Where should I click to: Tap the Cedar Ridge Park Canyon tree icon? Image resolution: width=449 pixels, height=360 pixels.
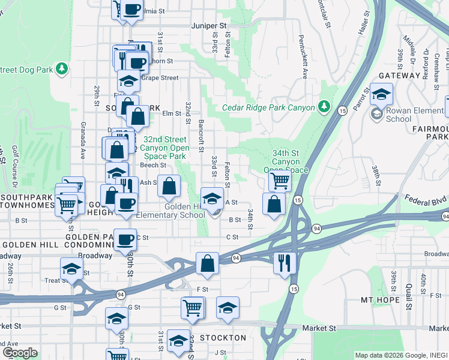(324, 107)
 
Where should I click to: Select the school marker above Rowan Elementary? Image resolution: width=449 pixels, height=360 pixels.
(381, 94)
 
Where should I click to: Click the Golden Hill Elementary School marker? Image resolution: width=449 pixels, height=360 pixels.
(212, 198)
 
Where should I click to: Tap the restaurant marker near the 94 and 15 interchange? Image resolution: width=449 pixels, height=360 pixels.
(285, 262)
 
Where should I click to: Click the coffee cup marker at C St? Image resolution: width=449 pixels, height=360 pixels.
(125, 240)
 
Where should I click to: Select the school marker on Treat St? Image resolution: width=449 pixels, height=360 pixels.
(71, 268)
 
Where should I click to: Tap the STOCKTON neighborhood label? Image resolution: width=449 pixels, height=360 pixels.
(223, 338)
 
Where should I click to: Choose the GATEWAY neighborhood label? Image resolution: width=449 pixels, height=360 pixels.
(399, 76)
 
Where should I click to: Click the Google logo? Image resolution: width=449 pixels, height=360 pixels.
(20, 353)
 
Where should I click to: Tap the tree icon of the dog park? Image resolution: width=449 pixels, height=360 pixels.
(61, 70)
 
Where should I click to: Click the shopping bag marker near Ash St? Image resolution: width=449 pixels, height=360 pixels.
(169, 186)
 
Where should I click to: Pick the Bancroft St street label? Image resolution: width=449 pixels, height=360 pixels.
(201, 136)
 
